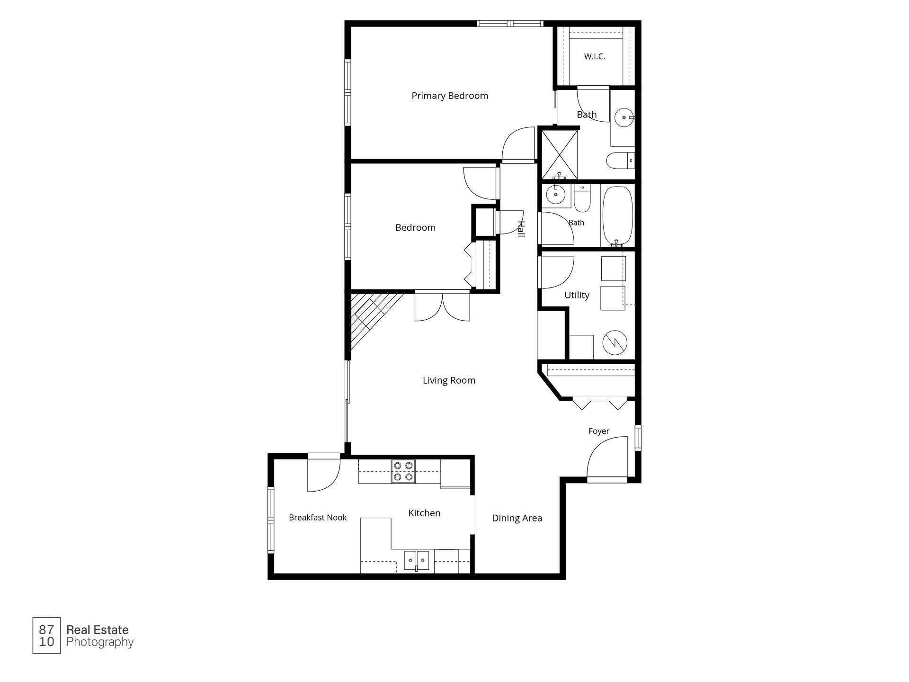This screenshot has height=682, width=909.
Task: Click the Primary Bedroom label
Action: click(x=450, y=96)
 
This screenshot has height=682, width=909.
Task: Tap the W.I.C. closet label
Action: click(x=594, y=56)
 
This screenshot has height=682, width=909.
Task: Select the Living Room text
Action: click(x=449, y=380)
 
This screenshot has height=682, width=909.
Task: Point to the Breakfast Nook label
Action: click(x=318, y=518)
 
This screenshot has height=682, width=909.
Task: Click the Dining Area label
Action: click(x=517, y=518)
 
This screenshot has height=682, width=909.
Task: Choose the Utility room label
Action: click(x=577, y=295)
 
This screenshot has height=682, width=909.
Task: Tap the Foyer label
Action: click(x=599, y=431)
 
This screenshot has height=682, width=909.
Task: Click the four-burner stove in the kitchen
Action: click(x=403, y=471)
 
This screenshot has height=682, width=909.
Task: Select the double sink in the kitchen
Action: click(x=417, y=560)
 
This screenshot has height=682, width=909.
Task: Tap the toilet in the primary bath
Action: click(x=620, y=161)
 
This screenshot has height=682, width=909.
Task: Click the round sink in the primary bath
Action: click(x=624, y=117)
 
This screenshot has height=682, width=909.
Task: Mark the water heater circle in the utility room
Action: click(x=615, y=342)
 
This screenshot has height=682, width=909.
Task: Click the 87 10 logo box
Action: click(x=46, y=636)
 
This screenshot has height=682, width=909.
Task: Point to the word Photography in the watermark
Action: click(x=100, y=642)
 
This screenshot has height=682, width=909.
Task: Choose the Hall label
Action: click(x=521, y=229)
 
